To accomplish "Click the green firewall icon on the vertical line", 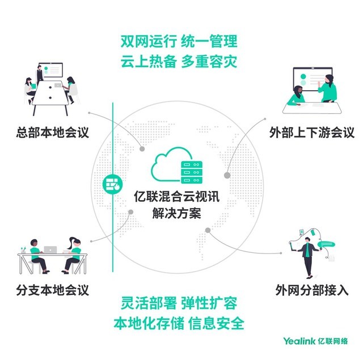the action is click(x=112, y=184).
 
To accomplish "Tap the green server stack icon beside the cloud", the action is click(x=192, y=172).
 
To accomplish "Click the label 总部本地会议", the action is click(x=53, y=132).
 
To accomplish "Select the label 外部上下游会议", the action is click(x=312, y=133).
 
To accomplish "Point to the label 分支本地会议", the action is click(x=53, y=290).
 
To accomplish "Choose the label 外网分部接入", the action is click(x=312, y=290).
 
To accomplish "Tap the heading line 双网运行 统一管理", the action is click(x=179, y=41).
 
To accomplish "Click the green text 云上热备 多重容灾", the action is click(x=179, y=61).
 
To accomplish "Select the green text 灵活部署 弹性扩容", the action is click(x=179, y=303).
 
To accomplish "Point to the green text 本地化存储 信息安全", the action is click(x=179, y=323).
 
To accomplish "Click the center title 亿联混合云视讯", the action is click(x=176, y=197).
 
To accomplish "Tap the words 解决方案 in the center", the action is click(x=176, y=213).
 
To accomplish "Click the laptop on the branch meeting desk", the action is click(x=50, y=249).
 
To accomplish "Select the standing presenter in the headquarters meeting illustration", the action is click(x=40, y=74).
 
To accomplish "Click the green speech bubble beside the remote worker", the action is click(x=327, y=244).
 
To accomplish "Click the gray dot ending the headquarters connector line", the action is click(x=142, y=149).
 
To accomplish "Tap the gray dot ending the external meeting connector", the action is click(x=227, y=175).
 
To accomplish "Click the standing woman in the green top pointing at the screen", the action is click(x=327, y=88).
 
